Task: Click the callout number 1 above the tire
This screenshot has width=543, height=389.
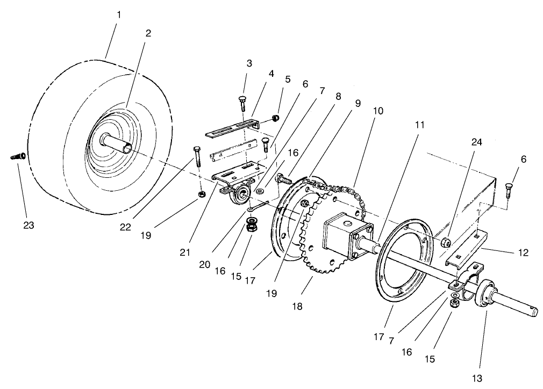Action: (119, 14)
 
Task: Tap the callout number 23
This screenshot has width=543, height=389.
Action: (28, 226)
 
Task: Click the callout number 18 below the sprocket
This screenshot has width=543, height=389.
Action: (297, 306)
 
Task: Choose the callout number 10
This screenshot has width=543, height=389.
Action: (377, 111)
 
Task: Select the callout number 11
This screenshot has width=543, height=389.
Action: (420, 125)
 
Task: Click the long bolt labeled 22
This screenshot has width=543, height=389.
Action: (196, 157)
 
